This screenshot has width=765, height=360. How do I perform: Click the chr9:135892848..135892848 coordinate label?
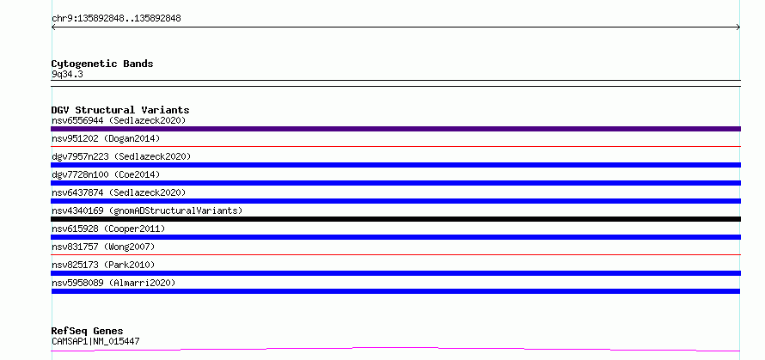point(116,19)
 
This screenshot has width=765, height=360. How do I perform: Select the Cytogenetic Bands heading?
point(102,64)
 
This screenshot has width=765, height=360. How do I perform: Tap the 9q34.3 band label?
point(67,75)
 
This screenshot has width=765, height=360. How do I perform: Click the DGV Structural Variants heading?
point(120,110)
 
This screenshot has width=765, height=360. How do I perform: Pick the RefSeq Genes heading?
point(87,332)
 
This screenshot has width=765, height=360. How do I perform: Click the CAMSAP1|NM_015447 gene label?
point(95,341)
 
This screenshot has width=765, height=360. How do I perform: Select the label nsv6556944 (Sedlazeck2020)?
point(119,120)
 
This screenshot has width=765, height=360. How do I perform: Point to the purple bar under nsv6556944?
point(395,129)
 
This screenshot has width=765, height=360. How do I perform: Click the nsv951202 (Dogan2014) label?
point(106,138)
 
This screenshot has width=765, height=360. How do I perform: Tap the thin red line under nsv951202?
point(395,146)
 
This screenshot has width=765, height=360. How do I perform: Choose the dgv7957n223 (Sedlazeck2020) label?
point(121,156)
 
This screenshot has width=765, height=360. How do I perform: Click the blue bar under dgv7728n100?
point(395,183)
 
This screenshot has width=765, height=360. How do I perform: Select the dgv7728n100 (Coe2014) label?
point(106,174)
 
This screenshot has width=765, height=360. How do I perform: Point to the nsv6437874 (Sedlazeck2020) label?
point(119,192)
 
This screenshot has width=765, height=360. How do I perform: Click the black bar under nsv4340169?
point(395,219)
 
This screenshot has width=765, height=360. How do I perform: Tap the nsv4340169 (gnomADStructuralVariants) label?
point(147,211)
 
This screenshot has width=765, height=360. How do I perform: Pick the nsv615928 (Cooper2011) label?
point(108,229)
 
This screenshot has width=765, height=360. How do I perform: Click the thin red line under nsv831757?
point(395,254)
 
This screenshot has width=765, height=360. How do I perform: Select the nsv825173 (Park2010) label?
point(103,265)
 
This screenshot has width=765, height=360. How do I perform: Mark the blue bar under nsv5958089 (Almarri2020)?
point(395,291)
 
